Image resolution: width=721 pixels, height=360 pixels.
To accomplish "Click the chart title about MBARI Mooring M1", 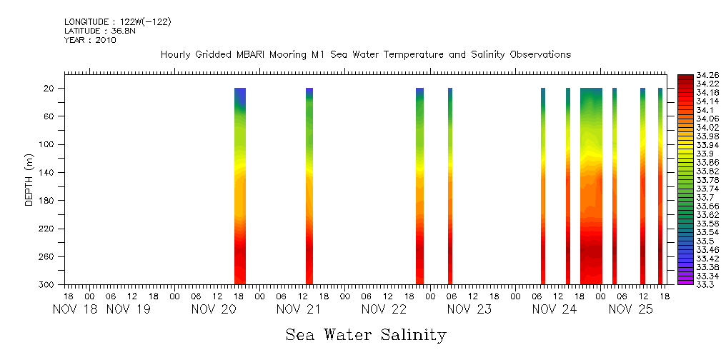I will (365, 54).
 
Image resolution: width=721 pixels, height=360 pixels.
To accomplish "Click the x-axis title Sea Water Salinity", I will (366, 334).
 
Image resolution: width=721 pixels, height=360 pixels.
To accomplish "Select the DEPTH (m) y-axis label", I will (29, 179).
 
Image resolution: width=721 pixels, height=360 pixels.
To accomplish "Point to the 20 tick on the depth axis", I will (49, 89).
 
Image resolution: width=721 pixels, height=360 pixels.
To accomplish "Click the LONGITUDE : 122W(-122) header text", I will (117, 22).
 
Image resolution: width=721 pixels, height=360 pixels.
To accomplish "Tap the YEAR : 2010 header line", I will (90, 40).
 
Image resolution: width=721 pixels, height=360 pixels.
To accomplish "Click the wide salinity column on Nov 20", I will (240, 186).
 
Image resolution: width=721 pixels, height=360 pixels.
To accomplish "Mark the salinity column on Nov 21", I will (309, 186).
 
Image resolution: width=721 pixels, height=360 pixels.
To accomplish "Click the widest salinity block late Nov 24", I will (591, 186).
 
